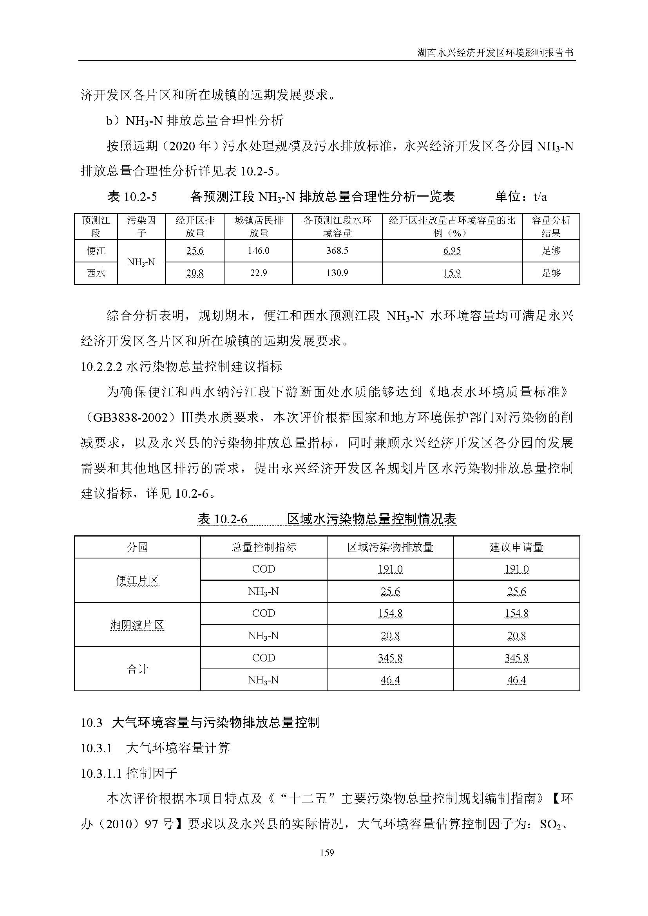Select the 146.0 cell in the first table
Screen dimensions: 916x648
pyautogui.click(x=258, y=251)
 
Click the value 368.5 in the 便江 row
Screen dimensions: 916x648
pyautogui.click(x=337, y=251)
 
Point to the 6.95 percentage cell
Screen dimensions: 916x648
pyautogui.click(x=452, y=251)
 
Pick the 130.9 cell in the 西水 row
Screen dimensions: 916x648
pyautogui.click(x=337, y=273)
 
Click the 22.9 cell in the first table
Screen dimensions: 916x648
pyautogui.click(x=258, y=273)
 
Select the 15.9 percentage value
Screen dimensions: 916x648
pyautogui.click(x=452, y=273)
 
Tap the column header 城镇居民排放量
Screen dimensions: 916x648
pyautogui.click(x=258, y=226)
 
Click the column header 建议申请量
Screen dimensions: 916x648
pyautogui.click(x=516, y=547)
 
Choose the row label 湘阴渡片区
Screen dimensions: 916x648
pyautogui.click(x=137, y=625)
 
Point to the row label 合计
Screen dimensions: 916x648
pyautogui.click(x=137, y=669)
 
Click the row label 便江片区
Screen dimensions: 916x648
pyautogui.click(x=137, y=580)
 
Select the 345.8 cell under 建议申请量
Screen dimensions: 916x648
pyautogui.click(x=516, y=658)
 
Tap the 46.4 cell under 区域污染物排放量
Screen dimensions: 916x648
pyautogui.click(x=390, y=680)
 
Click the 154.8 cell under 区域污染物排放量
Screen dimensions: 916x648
pyautogui.click(x=390, y=613)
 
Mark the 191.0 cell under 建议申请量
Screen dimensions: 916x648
pyautogui.click(x=516, y=569)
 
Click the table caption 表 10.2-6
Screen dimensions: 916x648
pyautogui.click(x=223, y=519)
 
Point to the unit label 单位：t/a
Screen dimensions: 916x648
pyautogui.click(x=521, y=196)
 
